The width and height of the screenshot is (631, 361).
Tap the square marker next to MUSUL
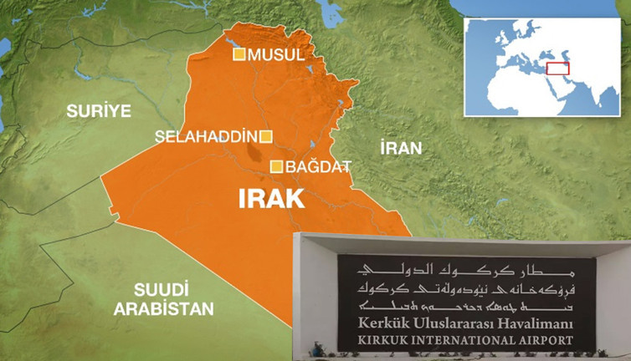coord(239,55)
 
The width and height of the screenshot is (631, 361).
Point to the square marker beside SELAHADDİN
coord(266,136)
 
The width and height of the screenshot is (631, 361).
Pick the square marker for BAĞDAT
coord(277,167)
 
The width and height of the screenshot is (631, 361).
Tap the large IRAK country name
coord(271,199)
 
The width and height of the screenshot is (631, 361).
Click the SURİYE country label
coord(99,110)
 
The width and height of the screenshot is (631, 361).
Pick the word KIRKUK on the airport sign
coord(387,340)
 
